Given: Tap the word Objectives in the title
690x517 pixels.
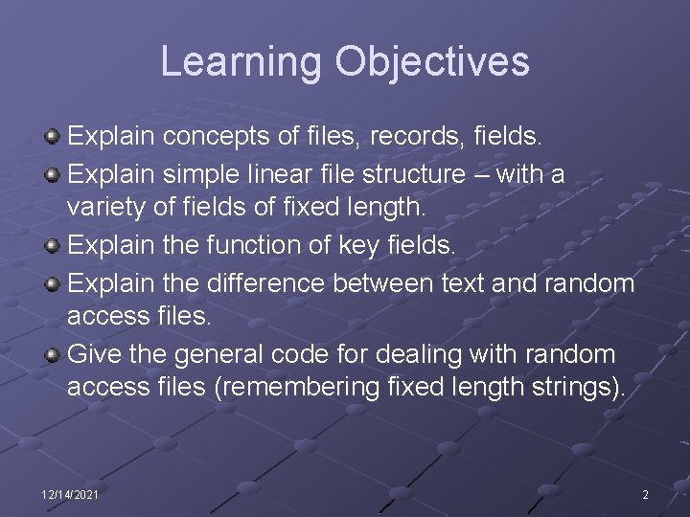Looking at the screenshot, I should click(x=432, y=61).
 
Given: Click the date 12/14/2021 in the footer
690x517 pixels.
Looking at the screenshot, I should click(x=69, y=494).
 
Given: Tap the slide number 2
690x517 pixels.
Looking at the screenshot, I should click(x=645, y=494).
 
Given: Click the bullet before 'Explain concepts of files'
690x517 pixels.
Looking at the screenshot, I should click(x=53, y=138).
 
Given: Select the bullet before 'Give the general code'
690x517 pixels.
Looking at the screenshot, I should click(x=53, y=354).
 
